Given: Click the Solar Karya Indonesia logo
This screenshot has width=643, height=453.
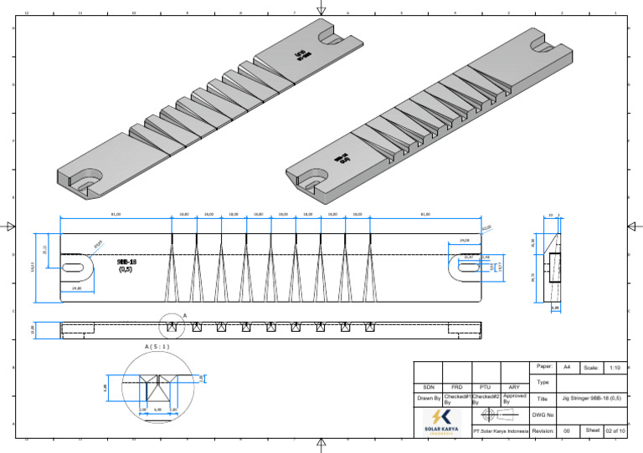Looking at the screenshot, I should (441, 422).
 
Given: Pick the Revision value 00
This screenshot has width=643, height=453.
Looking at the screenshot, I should (566, 431).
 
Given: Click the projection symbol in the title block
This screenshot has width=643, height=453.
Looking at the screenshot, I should (500, 415).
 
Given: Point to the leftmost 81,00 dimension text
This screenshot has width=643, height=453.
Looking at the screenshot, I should (116, 214).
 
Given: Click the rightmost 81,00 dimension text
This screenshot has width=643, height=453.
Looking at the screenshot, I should (425, 214).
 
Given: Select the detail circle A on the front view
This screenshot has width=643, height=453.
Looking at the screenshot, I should (171, 327).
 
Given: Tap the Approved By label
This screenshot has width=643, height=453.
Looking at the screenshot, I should (514, 399).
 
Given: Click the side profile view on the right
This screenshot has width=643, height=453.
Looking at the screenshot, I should (553, 267).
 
